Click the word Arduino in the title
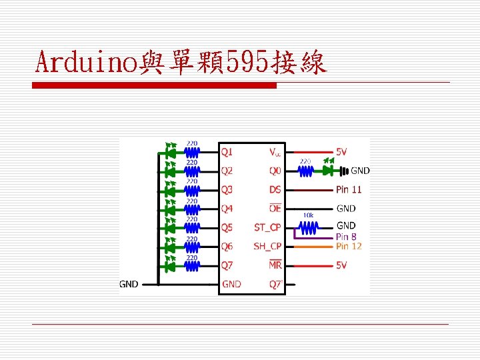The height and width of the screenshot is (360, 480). [x=87, y=63]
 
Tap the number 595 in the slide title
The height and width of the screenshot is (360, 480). [x=247, y=63]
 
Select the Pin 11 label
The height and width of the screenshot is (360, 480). [x=349, y=190]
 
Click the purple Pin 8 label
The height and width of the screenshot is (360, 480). [x=346, y=237]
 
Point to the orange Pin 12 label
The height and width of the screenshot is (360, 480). [x=349, y=246]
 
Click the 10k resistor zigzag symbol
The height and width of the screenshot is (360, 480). [x=307, y=229]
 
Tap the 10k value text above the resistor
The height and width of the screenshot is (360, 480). [x=308, y=215]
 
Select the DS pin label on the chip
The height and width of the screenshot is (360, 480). [x=275, y=190]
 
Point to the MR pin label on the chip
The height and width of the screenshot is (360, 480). [x=275, y=265]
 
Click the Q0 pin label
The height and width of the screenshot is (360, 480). [x=275, y=171]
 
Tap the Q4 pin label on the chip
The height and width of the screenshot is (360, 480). [x=227, y=209]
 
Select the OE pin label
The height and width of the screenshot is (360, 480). [x=275, y=209]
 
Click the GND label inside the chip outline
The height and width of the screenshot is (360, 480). [x=232, y=284]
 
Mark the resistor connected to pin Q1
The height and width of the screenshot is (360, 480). [x=192, y=153]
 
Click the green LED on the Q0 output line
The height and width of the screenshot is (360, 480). [x=328, y=171]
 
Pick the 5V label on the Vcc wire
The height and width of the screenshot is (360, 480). [x=341, y=152]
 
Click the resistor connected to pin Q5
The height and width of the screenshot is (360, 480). [x=192, y=228]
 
